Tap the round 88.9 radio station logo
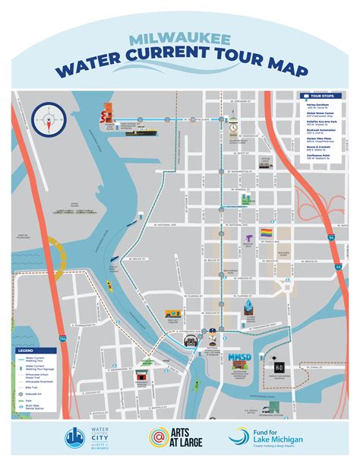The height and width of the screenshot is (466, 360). point(192,341)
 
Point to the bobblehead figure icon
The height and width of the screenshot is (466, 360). point(213,332)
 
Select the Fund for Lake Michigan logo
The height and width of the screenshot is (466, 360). point(286,439)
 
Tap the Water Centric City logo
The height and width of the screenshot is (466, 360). point(84,439)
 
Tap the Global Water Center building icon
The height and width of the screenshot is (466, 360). point(248,199)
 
